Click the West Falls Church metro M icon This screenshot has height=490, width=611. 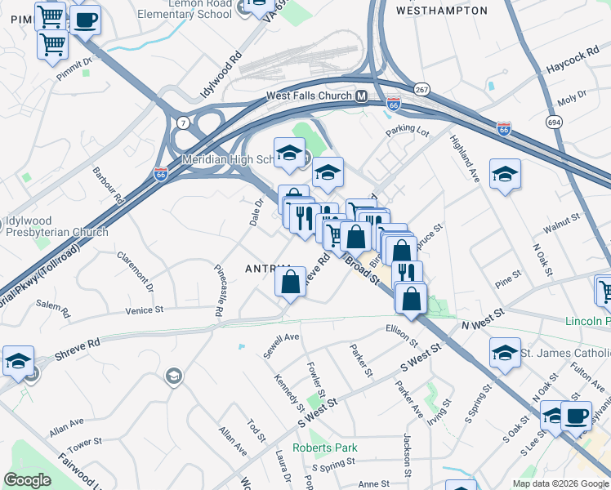[x=360, y=96]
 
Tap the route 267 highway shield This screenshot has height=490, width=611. [x=421, y=89]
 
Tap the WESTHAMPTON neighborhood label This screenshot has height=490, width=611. [x=441, y=11]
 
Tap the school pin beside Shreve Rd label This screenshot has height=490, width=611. [x=18, y=361]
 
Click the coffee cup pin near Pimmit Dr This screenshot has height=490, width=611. [x=85, y=20]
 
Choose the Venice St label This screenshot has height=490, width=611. [x=145, y=310]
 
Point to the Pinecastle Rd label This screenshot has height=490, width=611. [x=219, y=289]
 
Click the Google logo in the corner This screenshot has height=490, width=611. [x=28, y=480]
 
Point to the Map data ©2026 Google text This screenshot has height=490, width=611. [x=560, y=483]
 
